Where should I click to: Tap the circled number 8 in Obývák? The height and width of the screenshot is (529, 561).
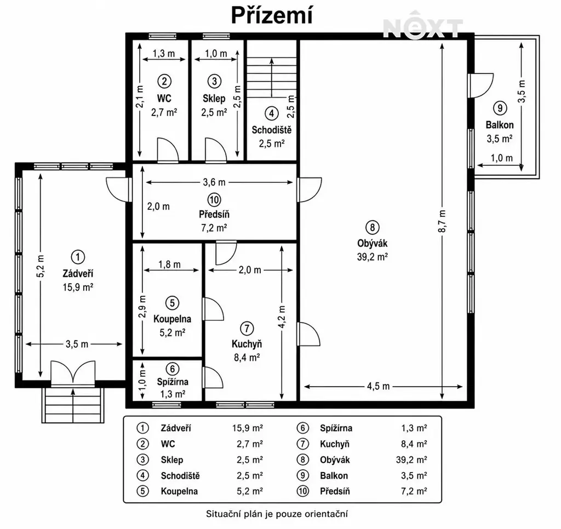[372, 227]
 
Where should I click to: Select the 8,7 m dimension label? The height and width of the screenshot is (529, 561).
[442, 221]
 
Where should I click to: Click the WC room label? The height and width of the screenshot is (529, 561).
[164, 98]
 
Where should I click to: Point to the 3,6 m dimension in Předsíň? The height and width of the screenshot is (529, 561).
[214, 182]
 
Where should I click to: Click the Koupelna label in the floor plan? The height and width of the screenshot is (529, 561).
[172, 319]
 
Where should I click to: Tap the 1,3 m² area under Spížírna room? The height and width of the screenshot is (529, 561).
[173, 394]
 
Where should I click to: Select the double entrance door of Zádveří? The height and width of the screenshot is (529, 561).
[73, 374]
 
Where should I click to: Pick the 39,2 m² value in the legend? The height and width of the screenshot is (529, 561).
[411, 459]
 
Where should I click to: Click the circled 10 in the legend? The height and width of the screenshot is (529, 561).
[302, 491]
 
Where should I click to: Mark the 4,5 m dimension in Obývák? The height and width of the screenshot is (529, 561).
[378, 386]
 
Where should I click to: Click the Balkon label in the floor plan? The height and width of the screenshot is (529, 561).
[500, 125]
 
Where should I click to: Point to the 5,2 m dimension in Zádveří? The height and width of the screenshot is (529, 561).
[41, 266]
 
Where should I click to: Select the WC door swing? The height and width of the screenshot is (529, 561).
[168, 149]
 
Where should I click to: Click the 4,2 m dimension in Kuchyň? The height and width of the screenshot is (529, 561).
[282, 317]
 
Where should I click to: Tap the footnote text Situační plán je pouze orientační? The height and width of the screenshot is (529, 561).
[277, 514]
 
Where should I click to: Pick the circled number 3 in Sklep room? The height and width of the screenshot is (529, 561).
[214, 81]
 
